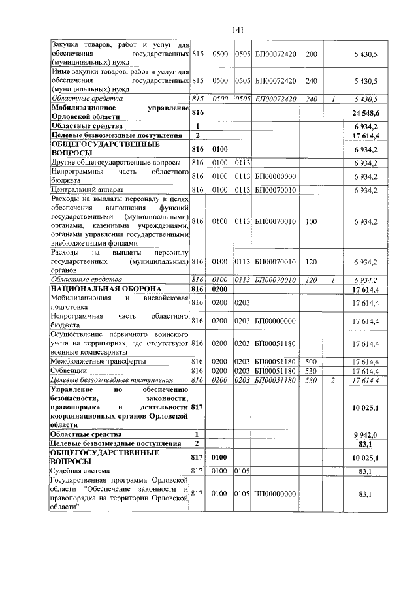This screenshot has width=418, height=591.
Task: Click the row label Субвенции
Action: coord(65,370)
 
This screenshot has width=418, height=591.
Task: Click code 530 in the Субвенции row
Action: coord(310,370)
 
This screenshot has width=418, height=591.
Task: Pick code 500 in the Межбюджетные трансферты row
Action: coord(310,361)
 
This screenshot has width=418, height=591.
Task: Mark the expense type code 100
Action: coord(310,221)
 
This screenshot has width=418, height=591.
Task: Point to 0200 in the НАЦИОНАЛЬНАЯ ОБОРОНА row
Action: coord(219,288)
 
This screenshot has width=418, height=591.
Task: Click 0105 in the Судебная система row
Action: coord(243,470)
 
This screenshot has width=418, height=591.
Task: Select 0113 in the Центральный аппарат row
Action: coord(243,190)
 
